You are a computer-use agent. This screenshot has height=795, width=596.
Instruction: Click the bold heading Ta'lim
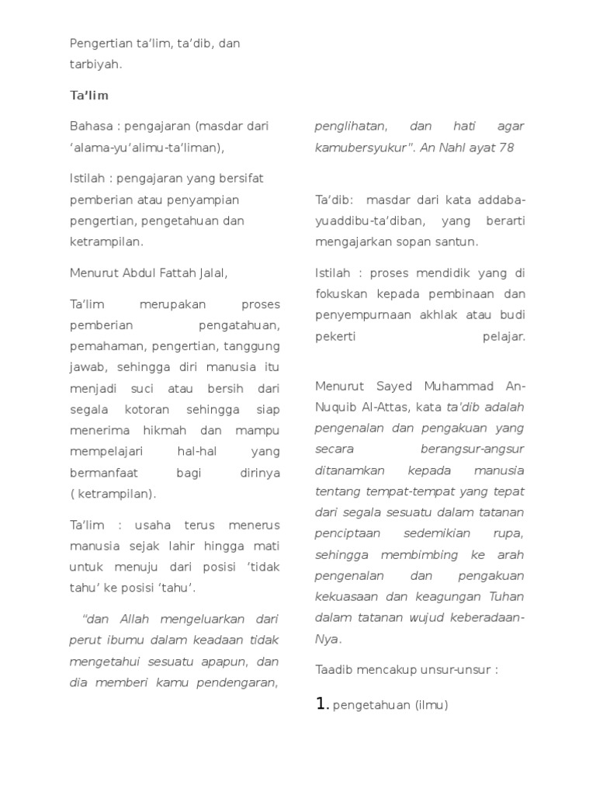click(89, 95)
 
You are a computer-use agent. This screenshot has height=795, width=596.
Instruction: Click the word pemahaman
click(105, 346)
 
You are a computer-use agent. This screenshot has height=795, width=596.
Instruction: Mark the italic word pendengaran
click(241, 682)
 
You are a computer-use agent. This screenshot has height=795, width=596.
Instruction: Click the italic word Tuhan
click(506, 597)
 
